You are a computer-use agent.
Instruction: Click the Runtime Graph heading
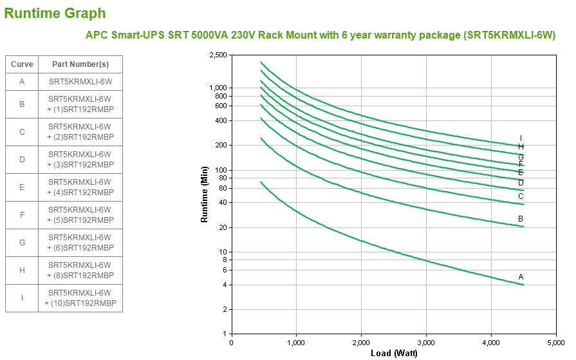pyautogui.click(x=55, y=13)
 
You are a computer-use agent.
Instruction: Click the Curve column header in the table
pyautogui.click(x=22, y=64)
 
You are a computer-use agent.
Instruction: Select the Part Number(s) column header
pyautogui.click(x=80, y=64)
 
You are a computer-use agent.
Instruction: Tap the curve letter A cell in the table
pyautogui.click(x=22, y=82)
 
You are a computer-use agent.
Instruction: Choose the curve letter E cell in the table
pyautogui.click(x=22, y=187)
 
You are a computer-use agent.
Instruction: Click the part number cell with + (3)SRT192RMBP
pyautogui.click(x=80, y=165)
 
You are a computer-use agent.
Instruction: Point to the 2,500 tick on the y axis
pyautogui.click(x=218, y=55)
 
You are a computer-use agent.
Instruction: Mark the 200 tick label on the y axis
pyautogui.click(x=222, y=146)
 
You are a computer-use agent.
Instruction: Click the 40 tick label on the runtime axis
pyautogui.click(x=224, y=203)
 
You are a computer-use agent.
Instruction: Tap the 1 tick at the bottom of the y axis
pyautogui.click(x=226, y=334)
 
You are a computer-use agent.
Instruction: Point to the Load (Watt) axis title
pyautogui.click(x=394, y=353)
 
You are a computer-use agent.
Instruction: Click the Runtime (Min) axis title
pyautogui.click(x=205, y=194)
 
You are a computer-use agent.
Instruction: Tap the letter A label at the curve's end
pyautogui.click(x=521, y=277)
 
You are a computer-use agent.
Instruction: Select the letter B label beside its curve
pyautogui.click(x=521, y=220)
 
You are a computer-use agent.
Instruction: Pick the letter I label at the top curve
pyautogui.click(x=521, y=138)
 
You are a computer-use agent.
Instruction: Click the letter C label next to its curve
pyautogui.click(x=521, y=196)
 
